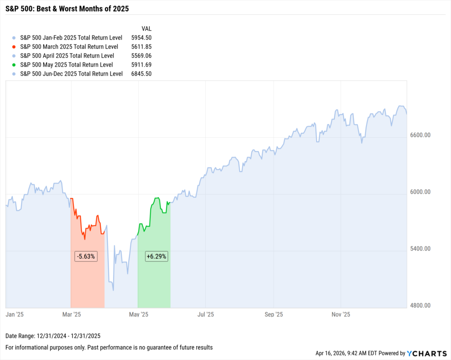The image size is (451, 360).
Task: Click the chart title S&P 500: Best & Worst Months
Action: tap(67, 9)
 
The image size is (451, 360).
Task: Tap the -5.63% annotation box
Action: tap(85, 257)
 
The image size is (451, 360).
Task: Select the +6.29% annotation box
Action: tap(156, 257)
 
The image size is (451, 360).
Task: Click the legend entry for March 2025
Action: tap(69, 47)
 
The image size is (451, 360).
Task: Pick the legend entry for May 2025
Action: tap(67, 65)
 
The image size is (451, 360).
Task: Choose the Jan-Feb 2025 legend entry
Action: tap(71, 38)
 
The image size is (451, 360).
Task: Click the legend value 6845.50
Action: tap(141, 74)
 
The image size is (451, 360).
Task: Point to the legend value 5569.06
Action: tap(141, 56)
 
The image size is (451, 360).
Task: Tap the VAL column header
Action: tap(146, 29)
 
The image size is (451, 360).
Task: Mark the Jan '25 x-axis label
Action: tap(14, 314)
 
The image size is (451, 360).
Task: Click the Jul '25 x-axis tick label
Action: tap(205, 314)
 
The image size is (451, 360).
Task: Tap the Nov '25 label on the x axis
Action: tap(340, 314)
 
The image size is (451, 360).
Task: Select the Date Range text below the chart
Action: tap(53, 336)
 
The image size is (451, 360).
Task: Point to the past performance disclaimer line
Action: tap(109, 347)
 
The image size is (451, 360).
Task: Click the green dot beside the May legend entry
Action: tap(15, 65)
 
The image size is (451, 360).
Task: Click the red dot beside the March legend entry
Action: tap(15, 47)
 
